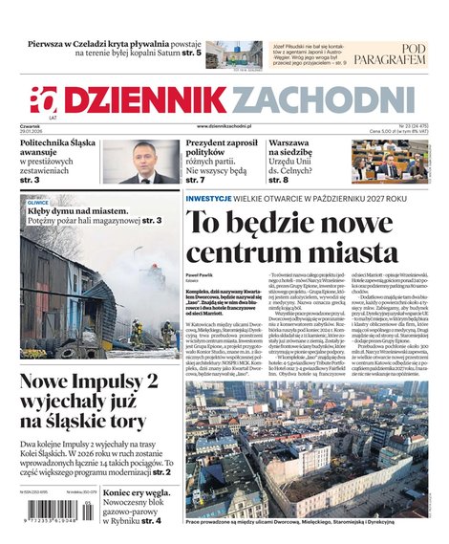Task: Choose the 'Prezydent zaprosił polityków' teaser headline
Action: pos(222,149)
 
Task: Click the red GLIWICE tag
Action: pos(38,203)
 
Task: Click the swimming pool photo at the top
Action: pos(233,54)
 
